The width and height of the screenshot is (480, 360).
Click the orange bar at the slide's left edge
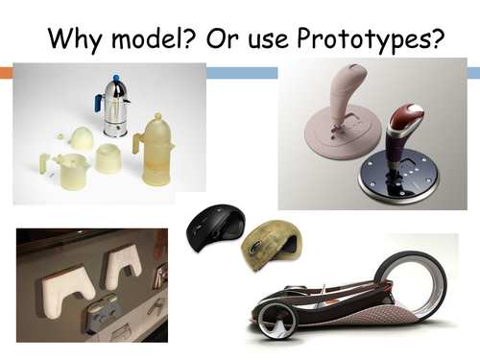click(6, 72)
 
